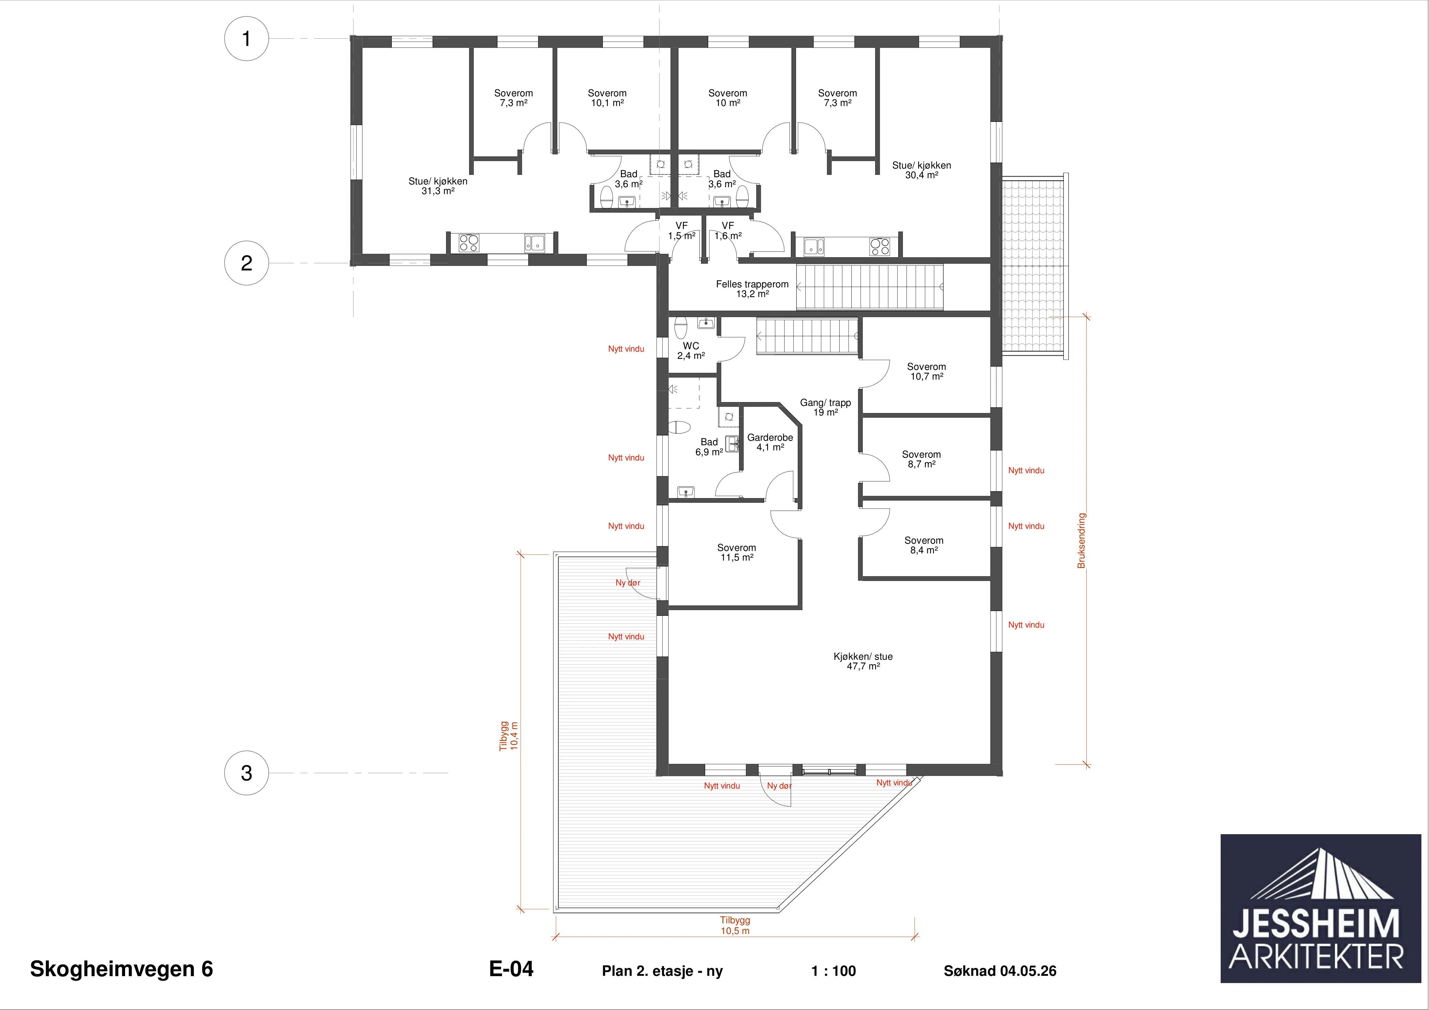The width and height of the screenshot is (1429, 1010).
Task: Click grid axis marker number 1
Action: [246, 39]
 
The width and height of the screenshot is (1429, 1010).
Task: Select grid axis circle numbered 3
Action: [246, 773]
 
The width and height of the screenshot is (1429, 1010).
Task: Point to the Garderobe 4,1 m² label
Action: [770, 442]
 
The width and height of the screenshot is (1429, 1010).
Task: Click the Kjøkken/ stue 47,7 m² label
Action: [863, 661]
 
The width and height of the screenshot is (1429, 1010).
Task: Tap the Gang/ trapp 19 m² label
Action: [825, 408]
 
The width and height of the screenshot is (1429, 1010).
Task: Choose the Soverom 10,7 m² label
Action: [926, 372]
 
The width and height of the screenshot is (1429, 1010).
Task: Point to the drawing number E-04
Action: [511, 969]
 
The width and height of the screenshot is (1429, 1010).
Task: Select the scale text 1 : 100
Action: [833, 971]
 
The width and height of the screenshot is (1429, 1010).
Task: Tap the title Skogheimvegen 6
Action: [121, 969]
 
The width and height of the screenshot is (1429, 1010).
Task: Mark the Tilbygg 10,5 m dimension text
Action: [735, 925]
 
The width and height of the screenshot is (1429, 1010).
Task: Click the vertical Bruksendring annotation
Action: [1081, 540]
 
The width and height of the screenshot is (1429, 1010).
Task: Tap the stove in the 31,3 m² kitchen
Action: [469, 243]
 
